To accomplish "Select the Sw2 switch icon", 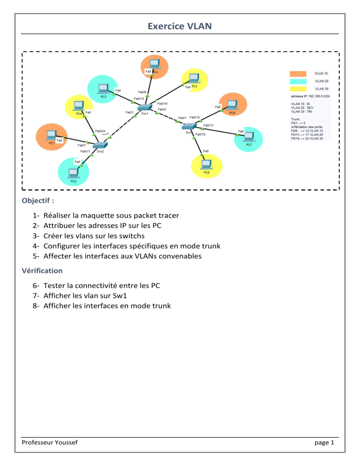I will pos(101,145).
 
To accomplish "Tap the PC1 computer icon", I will pos(50,135).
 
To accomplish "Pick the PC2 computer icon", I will pos(73,173).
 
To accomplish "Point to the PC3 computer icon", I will pos(103,88).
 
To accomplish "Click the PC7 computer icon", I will pos(248,137).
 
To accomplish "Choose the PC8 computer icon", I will pos(206,165).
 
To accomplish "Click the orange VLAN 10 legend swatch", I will pos(298,74).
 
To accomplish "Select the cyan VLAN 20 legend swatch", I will pos(298,81).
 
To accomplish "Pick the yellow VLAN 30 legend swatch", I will pos(298,89).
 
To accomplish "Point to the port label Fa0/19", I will pos(163,104).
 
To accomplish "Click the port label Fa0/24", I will pos(100,131).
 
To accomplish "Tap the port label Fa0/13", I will pos(208,125).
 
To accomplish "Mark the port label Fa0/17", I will pos(85,151).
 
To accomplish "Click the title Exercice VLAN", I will pos(180,26).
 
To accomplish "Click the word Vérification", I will pos(42,271).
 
